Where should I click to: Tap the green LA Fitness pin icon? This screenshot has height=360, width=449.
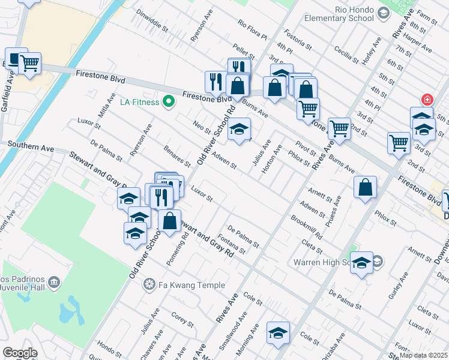pyautogui.click(x=169, y=101)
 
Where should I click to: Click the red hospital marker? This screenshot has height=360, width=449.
pyautogui.click(x=427, y=100)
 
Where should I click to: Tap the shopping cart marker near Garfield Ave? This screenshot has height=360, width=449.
pyautogui.click(x=29, y=63)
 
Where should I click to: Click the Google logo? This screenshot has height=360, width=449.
pyautogui.click(x=20, y=353)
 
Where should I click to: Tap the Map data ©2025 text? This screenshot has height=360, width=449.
pyautogui.click(x=423, y=355)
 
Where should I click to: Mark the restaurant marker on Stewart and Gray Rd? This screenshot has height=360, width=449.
pyautogui.click(x=160, y=197)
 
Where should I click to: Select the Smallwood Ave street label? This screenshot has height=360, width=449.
pyautogui.click(x=233, y=331)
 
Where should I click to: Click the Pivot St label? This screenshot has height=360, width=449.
pyautogui.click(x=306, y=149)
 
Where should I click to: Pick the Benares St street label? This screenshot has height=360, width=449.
pyautogui.click(x=176, y=155)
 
